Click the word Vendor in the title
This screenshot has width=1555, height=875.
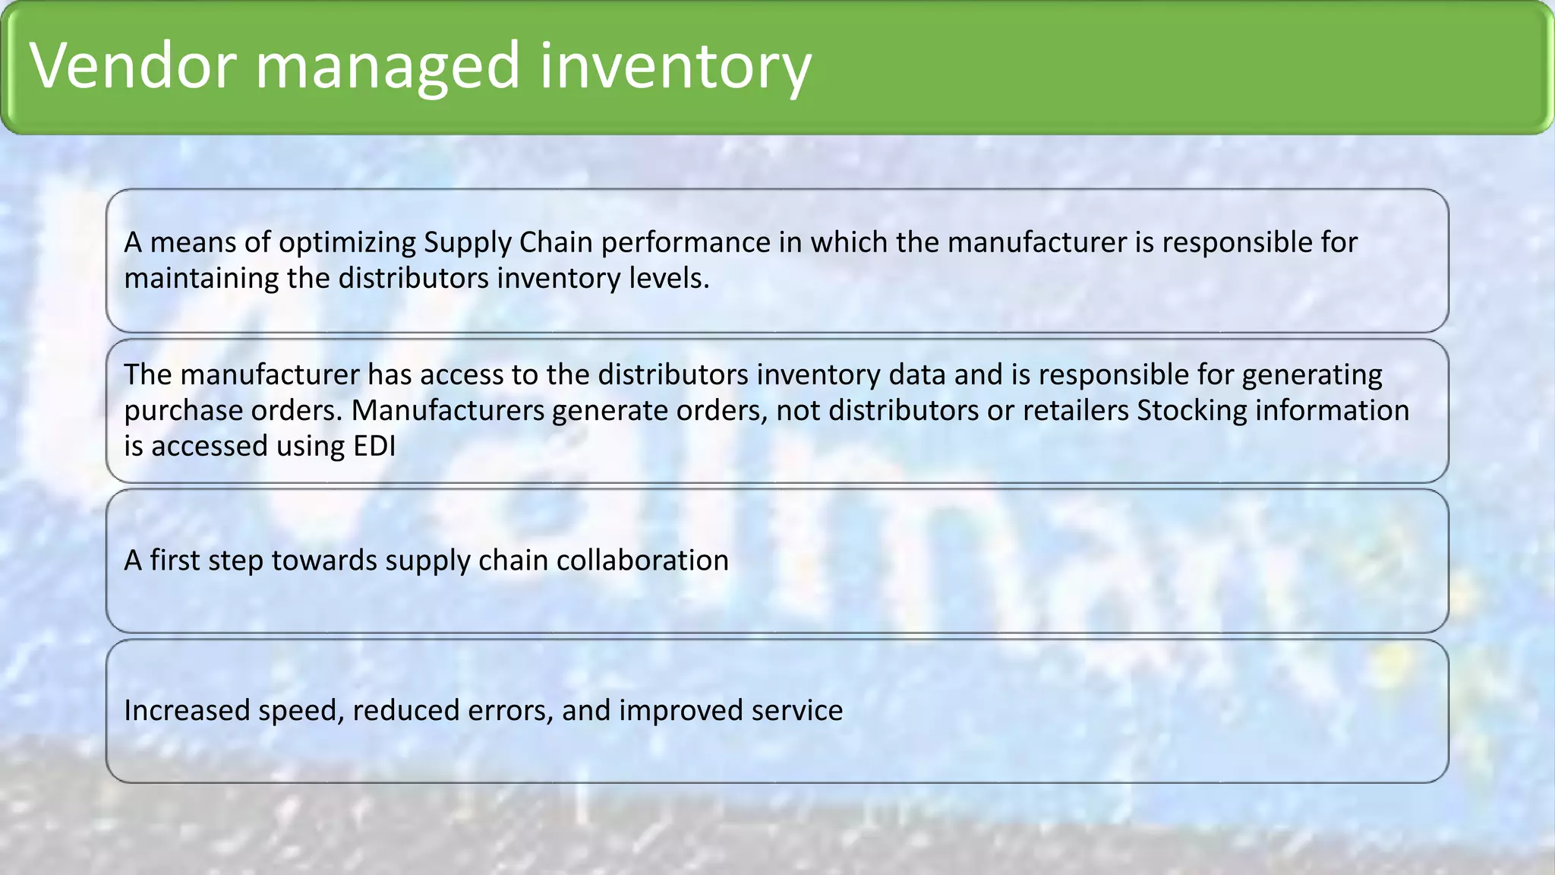tap(134, 66)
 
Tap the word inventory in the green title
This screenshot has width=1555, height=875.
tap(675, 66)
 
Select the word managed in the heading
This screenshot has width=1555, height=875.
tap(387, 66)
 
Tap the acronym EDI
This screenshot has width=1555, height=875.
tap(374, 446)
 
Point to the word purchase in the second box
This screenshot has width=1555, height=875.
tap(179, 410)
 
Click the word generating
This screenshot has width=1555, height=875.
tap(1312, 374)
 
